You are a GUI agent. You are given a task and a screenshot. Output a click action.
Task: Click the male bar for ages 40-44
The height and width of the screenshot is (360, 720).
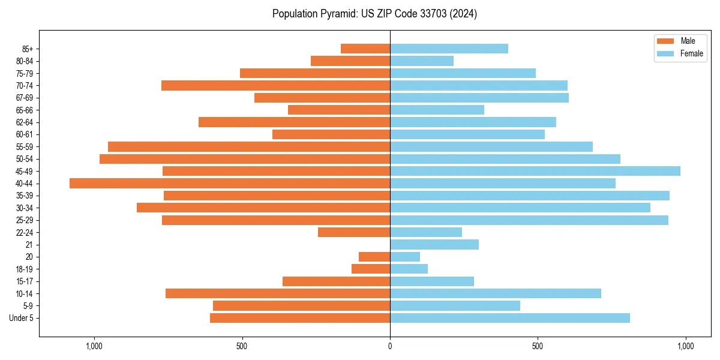[230, 183]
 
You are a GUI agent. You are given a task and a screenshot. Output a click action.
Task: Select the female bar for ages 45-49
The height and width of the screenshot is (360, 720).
[535, 171]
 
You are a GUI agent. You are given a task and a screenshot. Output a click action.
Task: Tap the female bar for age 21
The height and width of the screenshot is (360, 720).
[434, 244]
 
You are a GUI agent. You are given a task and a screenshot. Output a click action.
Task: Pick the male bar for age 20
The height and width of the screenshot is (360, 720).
[374, 257]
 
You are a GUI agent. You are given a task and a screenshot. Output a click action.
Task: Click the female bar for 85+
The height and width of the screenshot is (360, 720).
[449, 49]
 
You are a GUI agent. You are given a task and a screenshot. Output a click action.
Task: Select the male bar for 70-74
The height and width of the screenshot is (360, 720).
[275, 85]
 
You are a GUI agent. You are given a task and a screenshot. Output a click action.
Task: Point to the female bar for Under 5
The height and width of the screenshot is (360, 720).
[510, 318]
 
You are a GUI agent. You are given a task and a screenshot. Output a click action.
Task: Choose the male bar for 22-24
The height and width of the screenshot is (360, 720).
[354, 232]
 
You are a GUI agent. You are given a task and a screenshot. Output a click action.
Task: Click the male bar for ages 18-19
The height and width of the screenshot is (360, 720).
[371, 269]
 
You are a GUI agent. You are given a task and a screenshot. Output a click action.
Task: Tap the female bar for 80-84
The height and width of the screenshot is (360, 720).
[422, 61]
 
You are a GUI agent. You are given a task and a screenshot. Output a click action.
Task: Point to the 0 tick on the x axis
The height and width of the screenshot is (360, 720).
[390, 346]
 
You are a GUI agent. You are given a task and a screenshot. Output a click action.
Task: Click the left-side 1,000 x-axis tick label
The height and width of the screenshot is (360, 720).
[94, 346]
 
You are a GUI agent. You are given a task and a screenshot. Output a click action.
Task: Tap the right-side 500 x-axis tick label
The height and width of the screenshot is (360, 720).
[538, 346]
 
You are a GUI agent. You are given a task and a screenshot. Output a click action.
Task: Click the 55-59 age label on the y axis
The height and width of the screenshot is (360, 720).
[25, 146]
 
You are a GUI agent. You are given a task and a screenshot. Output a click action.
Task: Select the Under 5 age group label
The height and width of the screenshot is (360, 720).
[22, 318]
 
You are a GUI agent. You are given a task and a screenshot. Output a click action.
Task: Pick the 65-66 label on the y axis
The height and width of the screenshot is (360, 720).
[25, 110]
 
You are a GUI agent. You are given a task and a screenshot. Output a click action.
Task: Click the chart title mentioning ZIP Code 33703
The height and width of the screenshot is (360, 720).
[374, 14]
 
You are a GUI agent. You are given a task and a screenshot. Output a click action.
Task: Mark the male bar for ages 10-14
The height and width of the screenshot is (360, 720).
[278, 293]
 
